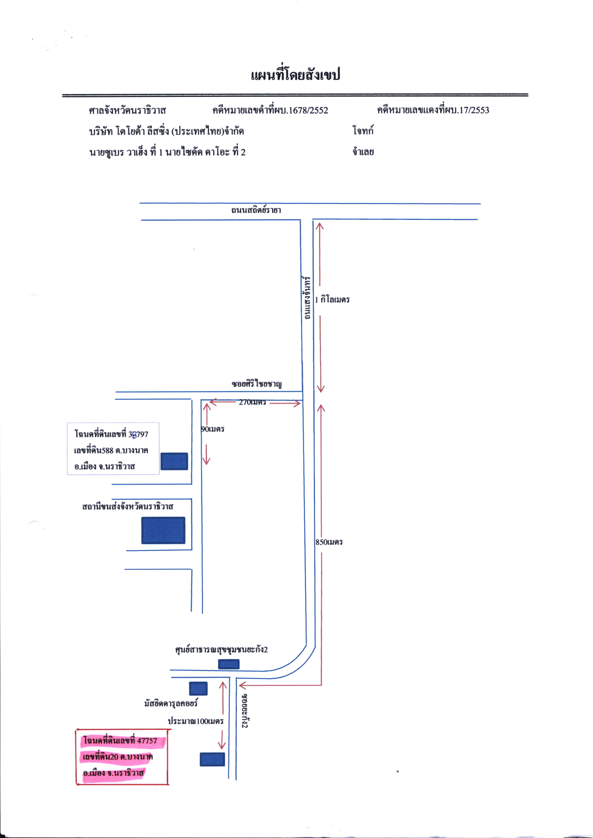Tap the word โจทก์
point(363,130)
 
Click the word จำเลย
point(363,152)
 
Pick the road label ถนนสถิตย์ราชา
point(256,210)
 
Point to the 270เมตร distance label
point(252,402)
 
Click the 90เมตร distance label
point(213,429)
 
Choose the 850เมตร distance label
point(329,542)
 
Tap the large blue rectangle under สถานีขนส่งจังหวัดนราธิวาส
point(163,530)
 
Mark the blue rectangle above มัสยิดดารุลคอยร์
point(198,689)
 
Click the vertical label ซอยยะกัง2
point(245,711)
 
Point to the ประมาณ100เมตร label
point(195,721)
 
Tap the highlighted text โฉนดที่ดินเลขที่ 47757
point(121,740)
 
